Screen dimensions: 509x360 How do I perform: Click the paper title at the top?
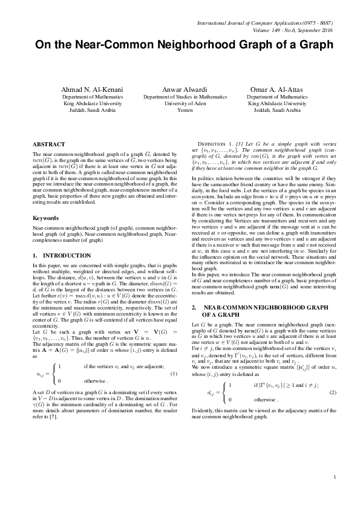[180, 45]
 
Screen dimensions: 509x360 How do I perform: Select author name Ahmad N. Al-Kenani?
[93, 89]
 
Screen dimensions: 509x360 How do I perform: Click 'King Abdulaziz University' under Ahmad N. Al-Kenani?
[93, 103]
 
